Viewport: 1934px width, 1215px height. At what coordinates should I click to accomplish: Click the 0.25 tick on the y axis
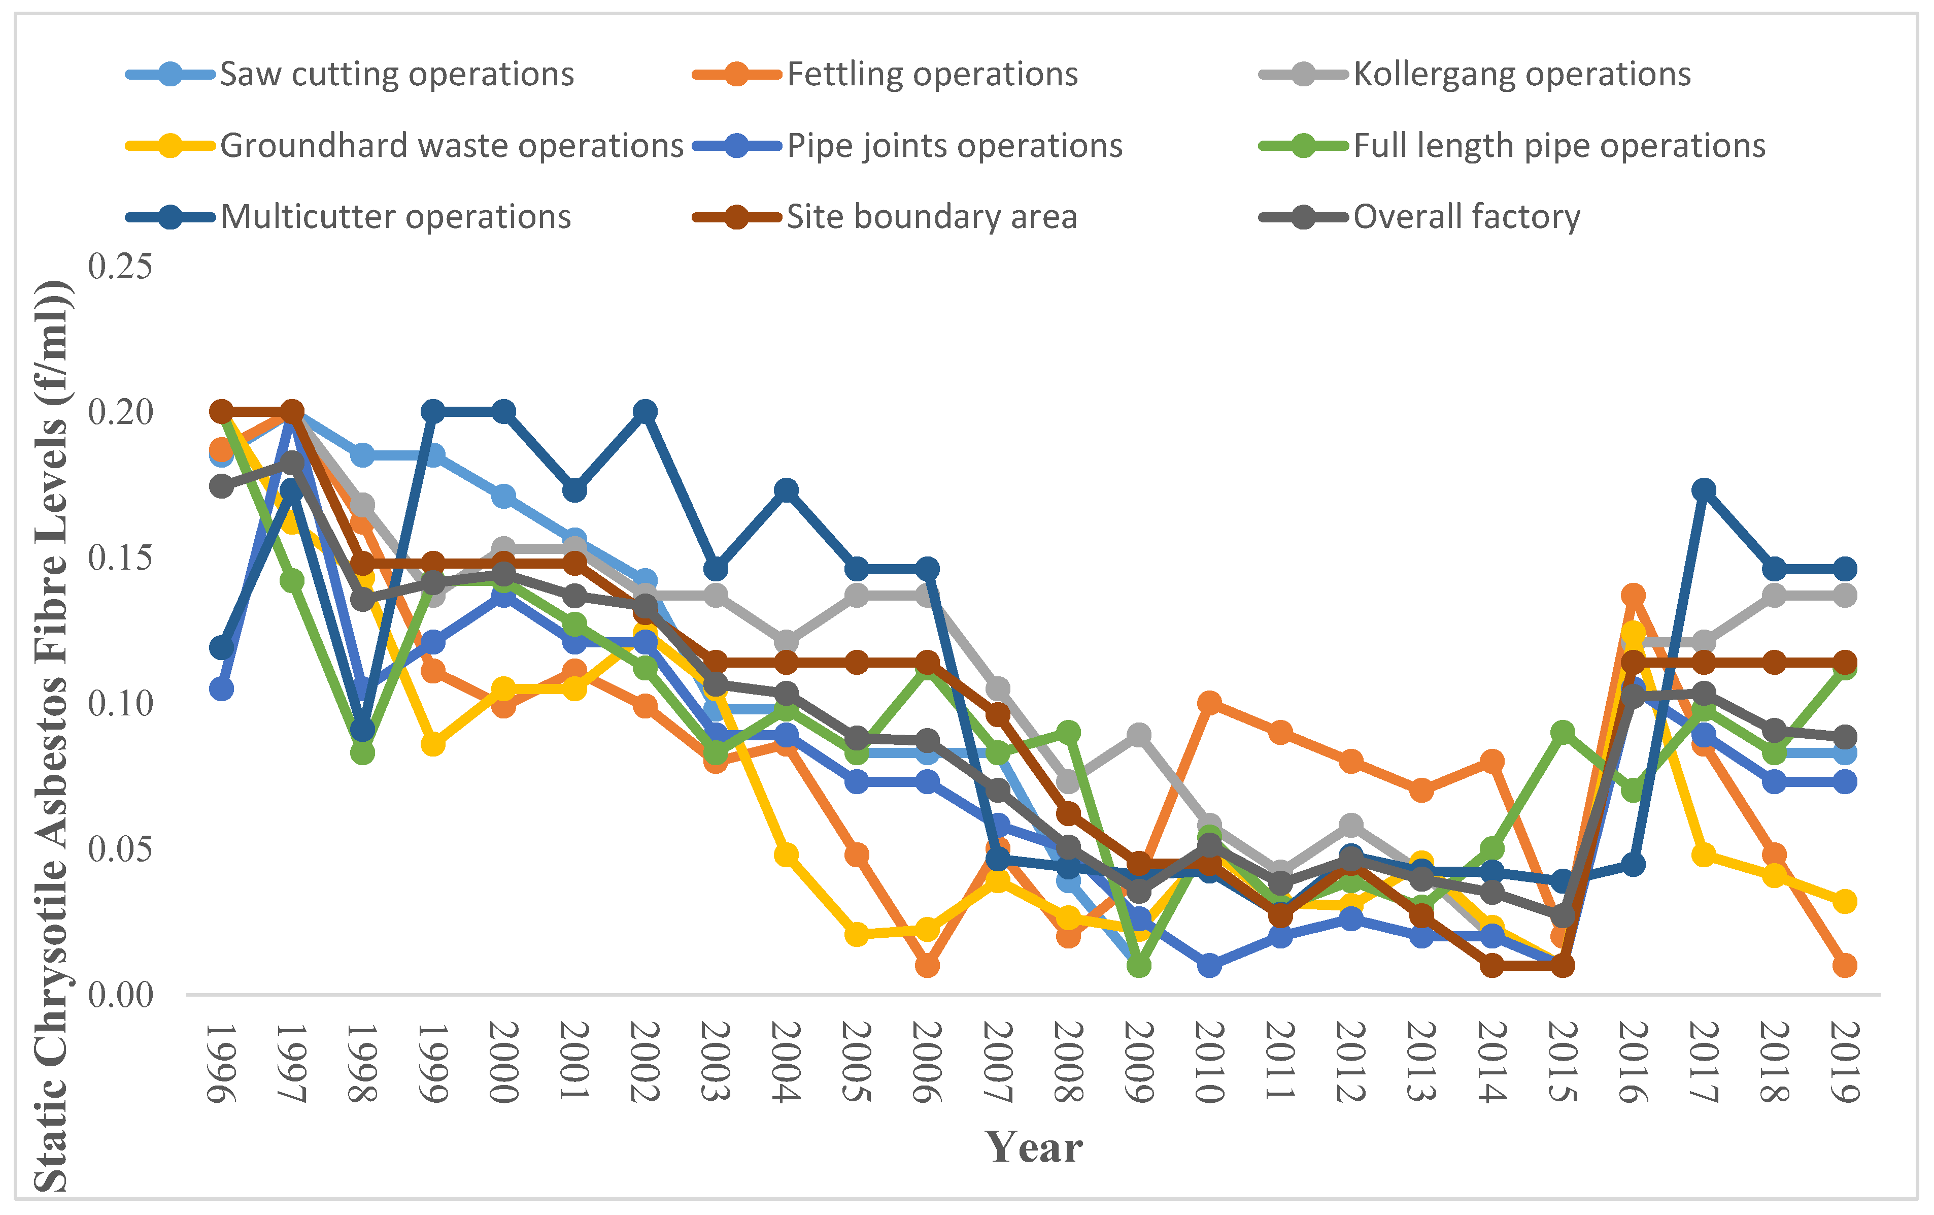tap(120, 267)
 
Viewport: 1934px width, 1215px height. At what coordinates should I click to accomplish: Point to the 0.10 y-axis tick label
tap(120, 704)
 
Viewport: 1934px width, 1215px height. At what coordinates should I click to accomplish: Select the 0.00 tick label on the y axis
tap(120, 995)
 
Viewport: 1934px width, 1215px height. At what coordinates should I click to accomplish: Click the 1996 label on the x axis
tap(222, 1062)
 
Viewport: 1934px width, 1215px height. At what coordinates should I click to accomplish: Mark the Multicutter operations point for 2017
tap(1704, 490)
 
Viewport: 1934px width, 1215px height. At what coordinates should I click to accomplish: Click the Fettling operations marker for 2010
tap(1209, 704)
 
